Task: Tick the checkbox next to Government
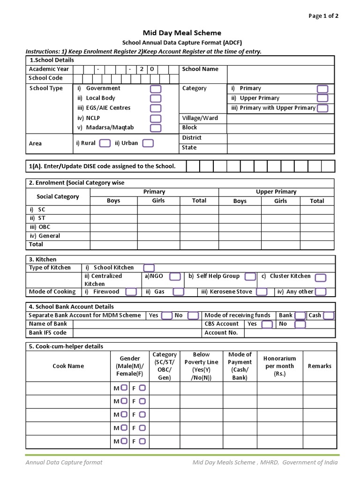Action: point(156,89)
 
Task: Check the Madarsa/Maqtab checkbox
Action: point(156,128)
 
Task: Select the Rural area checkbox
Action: point(105,143)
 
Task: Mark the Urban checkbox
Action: point(148,143)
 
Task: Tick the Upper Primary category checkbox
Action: point(322,98)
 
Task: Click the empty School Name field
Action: point(280,74)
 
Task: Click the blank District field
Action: point(280,138)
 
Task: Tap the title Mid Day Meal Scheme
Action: point(182,33)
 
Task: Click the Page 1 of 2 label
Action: point(323,16)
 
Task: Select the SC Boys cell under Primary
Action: point(113,210)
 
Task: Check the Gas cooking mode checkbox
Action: point(178,292)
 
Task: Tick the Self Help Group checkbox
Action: point(250,277)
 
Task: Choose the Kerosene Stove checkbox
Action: point(262,292)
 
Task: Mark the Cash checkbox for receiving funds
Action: point(328,315)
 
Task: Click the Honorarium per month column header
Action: point(279,366)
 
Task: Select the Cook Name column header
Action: point(68,366)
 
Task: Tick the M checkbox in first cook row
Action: point(124,388)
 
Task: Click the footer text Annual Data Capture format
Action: point(64,462)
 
